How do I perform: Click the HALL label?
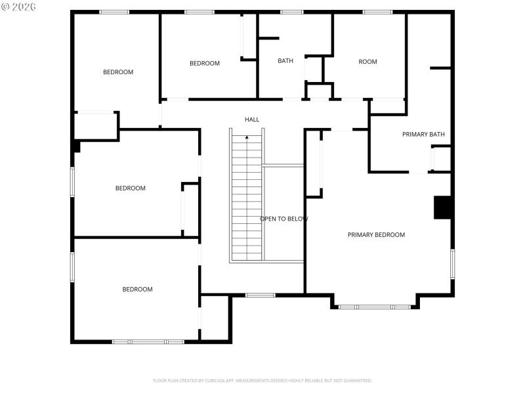pyautogui.click(x=252, y=120)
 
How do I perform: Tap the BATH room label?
pyautogui.click(x=285, y=61)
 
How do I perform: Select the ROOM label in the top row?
pyautogui.click(x=367, y=62)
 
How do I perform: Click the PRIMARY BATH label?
pyautogui.click(x=423, y=135)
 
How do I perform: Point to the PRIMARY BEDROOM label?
pyautogui.click(x=376, y=234)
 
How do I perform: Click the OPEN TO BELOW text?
pyautogui.click(x=283, y=219)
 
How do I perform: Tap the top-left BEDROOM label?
pyautogui.click(x=118, y=72)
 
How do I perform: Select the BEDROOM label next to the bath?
pyautogui.click(x=205, y=63)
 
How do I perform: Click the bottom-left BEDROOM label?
pyautogui.click(x=137, y=290)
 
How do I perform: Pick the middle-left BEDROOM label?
pyautogui.click(x=130, y=188)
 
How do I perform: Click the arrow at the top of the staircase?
pyautogui.click(x=247, y=137)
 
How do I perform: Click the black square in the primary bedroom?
pyautogui.click(x=443, y=208)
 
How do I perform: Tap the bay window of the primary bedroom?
pyautogui.click(x=375, y=307)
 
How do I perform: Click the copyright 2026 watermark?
pyautogui.click(x=19, y=6)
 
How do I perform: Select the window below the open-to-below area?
pyautogui.click(x=260, y=295)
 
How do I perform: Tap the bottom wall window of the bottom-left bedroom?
pyautogui.click(x=148, y=341)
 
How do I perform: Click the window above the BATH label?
pyautogui.click(x=291, y=12)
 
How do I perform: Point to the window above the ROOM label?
pyautogui.click(x=377, y=12)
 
